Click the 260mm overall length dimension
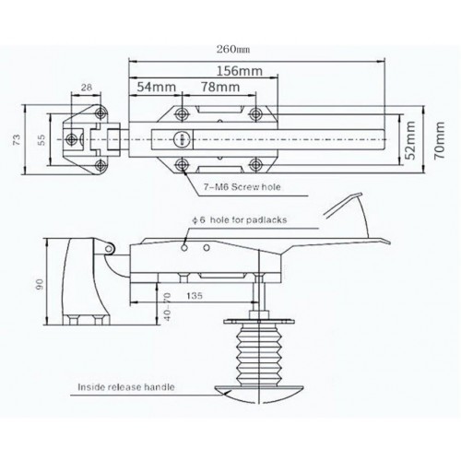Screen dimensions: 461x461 coord(233,49)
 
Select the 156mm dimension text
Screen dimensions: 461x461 coord(240,71)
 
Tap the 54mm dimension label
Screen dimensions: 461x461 coord(156,87)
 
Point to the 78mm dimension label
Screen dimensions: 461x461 coord(220,87)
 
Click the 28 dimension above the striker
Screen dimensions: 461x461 coord(87,88)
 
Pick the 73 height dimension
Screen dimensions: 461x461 coord(17,140)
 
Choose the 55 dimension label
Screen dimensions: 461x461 coord(41,140)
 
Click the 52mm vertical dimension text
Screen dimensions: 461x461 coord(410,140)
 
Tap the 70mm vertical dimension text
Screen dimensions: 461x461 coord(439,140)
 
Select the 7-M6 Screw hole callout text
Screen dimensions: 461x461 coord(242,187)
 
